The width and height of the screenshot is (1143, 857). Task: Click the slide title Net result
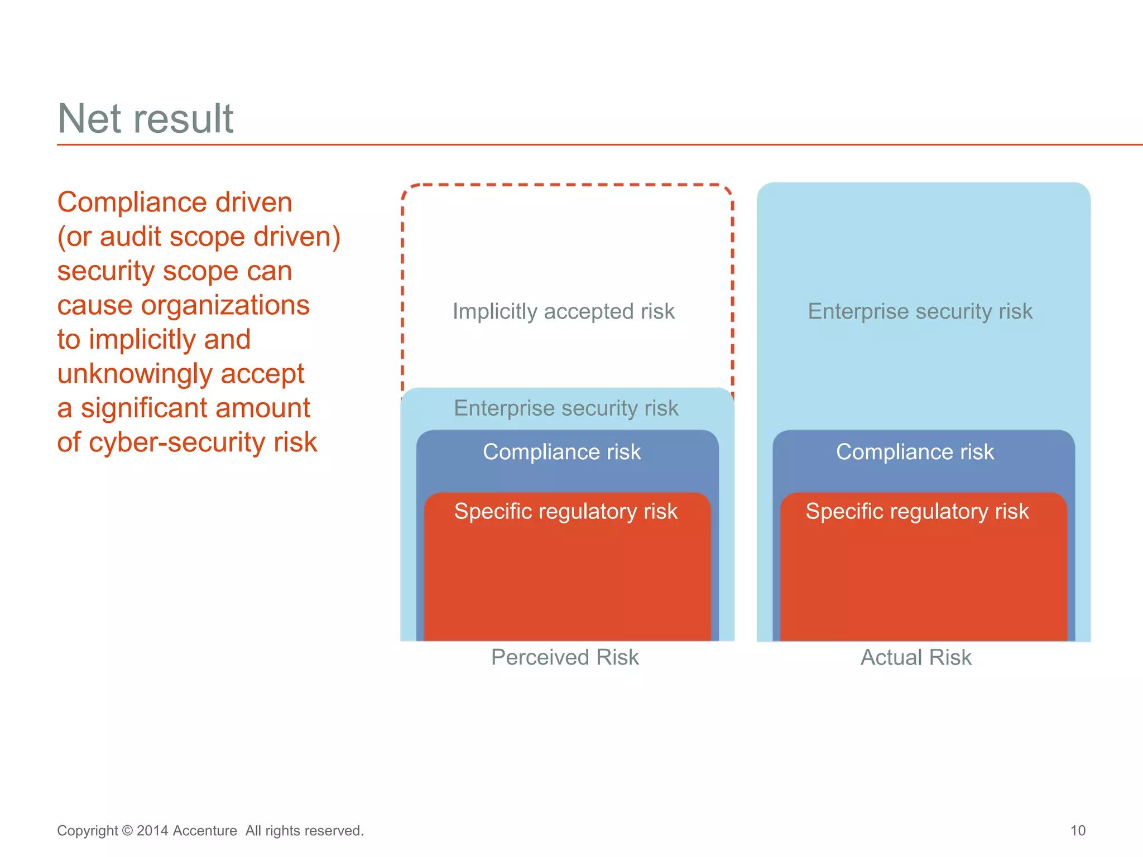pyautogui.click(x=145, y=118)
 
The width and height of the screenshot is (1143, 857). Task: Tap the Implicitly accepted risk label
pyautogui.click(x=564, y=311)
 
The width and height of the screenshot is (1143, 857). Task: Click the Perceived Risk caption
pyautogui.click(x=565, y=657)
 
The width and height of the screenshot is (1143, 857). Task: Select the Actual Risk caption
pyautogui.click(x=916, y=657)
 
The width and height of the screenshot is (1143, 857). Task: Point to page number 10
pyautogui.click(x=1078, y=831)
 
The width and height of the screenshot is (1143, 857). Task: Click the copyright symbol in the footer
pyautogui.click(x=127, y=831)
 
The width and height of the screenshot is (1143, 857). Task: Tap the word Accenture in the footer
pyautogui.click(x=205, y=831)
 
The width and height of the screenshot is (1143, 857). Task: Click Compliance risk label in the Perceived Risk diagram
pyautogui.click(x=561, y=452)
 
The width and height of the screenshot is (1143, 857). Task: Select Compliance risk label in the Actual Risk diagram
pyautogui.click(x=915, y=452)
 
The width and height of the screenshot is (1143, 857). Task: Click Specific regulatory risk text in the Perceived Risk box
pyautogui.click(x=565, y=512)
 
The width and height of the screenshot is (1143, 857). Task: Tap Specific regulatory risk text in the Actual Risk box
pyautogui.click(x=917, y=512)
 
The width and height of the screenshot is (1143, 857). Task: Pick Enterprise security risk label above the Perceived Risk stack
pyautogui.click(x=566, y=408)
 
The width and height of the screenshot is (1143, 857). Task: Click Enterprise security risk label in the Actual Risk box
pyautogui.click(x=920, y=311)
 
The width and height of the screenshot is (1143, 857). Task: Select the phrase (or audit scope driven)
pyautogui.click(x=199, y=237)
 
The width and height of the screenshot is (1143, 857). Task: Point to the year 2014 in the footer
pyautogui.click(x=152, y=831)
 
